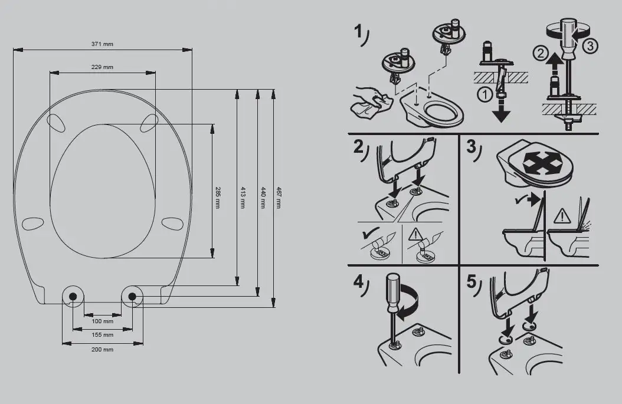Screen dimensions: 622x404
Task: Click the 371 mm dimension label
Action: point(102,44)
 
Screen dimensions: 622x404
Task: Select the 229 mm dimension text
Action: point(102,67)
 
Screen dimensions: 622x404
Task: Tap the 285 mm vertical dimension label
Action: point(217,198)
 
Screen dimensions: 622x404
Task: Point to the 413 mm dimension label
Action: point(243,198)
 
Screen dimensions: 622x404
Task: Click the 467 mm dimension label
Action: point(279,198)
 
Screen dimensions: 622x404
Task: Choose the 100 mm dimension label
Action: point(102,321)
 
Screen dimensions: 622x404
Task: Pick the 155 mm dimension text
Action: point(102,335)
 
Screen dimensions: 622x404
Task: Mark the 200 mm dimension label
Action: point(102,350)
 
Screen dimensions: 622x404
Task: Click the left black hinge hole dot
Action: point(73,296)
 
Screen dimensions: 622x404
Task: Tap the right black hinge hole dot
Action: point(132,296)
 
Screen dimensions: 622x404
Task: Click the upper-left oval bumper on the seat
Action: point(55,122)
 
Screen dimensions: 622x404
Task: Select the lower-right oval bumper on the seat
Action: point(172,223)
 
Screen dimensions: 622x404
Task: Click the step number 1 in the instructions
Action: point(358,31)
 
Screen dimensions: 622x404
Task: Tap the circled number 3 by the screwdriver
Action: point(590,47)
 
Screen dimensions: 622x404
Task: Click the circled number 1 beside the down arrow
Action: point(484,95)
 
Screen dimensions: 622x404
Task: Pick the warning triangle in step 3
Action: point(562,216)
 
